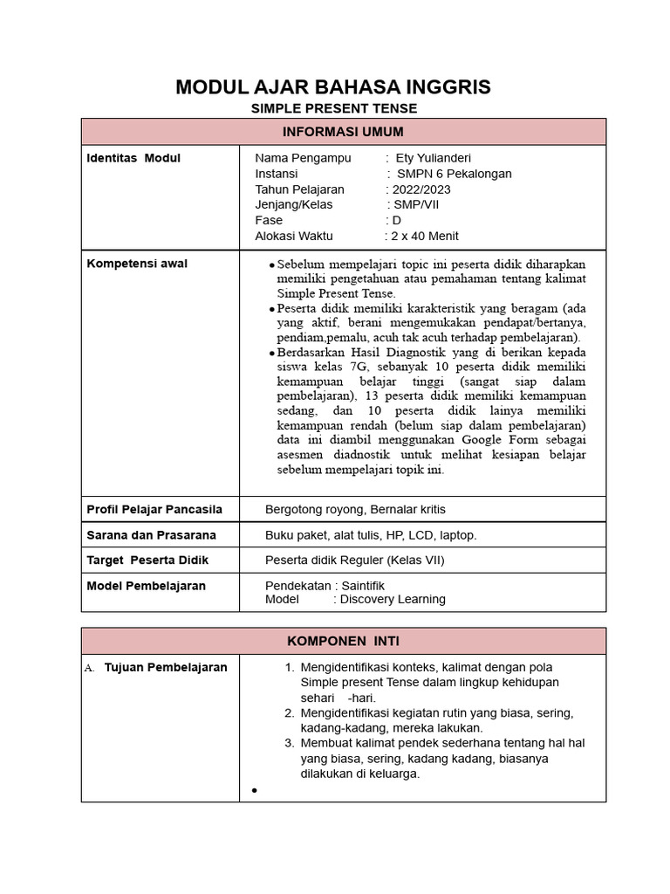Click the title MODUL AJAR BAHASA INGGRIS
pyautogui.click(x=333, y=86)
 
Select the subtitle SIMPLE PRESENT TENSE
pyautogui.click(x=334, y=109)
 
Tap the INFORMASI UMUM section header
pyautogui.click(x=343, y=132)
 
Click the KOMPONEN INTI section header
pyautogui.click(x=343, y=641)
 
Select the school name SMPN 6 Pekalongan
pyautogui.click(x=455, y=174)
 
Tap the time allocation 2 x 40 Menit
pyautogui.click(x=424, y=236)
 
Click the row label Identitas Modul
pyautogui.click(x=133, y=158)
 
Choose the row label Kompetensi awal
pyautogui.click(x=137, y=264)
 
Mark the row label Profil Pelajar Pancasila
pyautogui.click(x=154, y=509)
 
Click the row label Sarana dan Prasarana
pyautogui.click(x=151, y=534)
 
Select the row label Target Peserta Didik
pyautogui.click(x=147, y=560)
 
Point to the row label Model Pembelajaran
pyautogui.click(x=146, y=586)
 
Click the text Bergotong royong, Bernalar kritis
pyautogui.click(x=355, y=509)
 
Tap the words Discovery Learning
pyautogui.click(x=393, y=600)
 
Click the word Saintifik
pyautogui.click(x=363, y=586)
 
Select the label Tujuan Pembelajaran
pyautogui.click(x=166, y=668)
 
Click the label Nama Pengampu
pyautogui.click(x=303, y=158)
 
